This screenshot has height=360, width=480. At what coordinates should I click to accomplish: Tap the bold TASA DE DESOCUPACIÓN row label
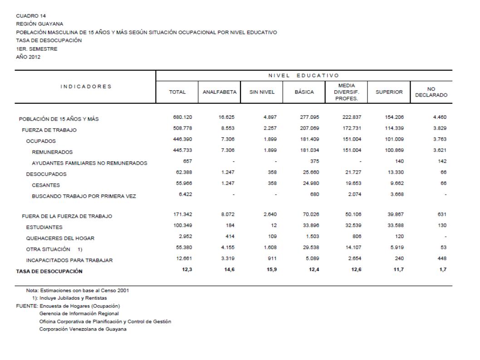tap(50, 271)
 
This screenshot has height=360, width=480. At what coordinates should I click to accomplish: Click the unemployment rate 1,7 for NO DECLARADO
tap(443, 271)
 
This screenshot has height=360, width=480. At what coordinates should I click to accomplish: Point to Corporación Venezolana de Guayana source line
tap(83, 329)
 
